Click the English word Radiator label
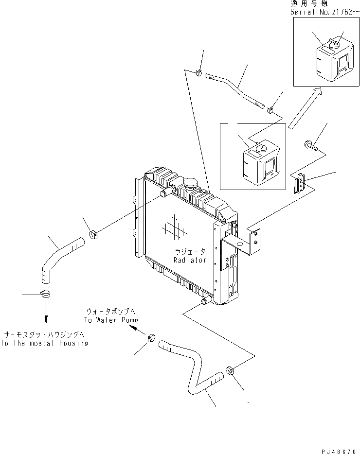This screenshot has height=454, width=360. [x=190, y=260]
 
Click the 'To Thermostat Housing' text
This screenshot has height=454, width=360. [x=44, y=343]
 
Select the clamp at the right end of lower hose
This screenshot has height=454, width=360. [x=230, y=371]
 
